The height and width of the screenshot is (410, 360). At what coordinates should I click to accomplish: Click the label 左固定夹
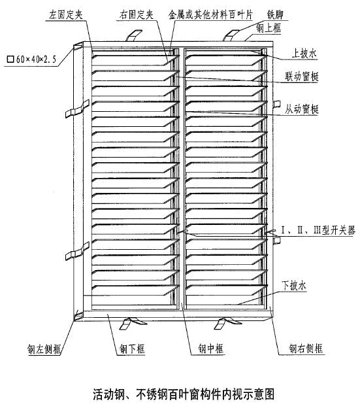(66, 14)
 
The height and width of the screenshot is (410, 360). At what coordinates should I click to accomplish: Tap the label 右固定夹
(136, 14)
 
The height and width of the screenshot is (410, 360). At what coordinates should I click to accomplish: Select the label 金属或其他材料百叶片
(210, 14)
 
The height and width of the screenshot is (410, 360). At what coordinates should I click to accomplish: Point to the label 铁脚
(275, 14)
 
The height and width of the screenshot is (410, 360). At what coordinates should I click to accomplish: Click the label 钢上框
(269, 28)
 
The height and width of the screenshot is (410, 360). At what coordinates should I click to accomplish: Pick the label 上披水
(304, 54)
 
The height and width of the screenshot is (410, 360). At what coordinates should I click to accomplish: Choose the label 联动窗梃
(302, 77)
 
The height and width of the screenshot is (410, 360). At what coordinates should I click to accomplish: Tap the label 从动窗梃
(302, 109)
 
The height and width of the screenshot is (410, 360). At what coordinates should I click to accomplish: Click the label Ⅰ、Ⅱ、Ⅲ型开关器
(318, 230)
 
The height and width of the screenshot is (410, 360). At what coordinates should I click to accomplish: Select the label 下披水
(293, 285)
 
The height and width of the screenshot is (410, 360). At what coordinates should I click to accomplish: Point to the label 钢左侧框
(44, 349)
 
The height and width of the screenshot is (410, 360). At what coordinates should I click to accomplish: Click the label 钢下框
(132, 349)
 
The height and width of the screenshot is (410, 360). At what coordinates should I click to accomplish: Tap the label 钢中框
(210, 349)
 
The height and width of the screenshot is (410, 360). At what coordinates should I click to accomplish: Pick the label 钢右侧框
(306, 349)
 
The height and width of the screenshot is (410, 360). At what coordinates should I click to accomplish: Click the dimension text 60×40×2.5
(36, 60)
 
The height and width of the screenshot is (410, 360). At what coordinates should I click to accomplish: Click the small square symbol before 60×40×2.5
(10, 60)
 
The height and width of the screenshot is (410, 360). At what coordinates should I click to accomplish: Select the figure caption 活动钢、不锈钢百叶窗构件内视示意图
(184, 394)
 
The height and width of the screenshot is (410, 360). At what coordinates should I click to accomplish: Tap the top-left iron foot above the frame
(134, 35)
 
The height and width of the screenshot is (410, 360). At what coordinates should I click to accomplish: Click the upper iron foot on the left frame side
(77, 109)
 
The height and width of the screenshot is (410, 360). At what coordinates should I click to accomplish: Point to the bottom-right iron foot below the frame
(227, 322)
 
